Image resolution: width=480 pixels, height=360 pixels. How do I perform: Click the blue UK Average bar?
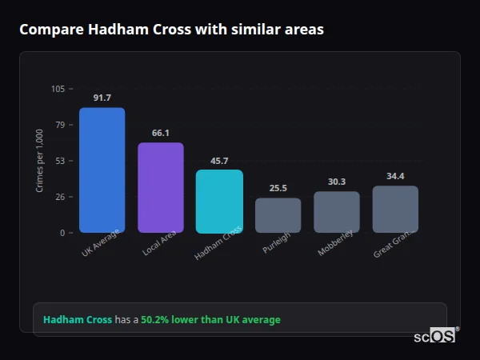click(102, 170)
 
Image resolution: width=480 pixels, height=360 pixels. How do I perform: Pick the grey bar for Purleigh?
click(278, 215)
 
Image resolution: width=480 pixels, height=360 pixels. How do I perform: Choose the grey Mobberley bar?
click(337, 212)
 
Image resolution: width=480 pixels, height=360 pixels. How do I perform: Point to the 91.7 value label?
click(102, 98)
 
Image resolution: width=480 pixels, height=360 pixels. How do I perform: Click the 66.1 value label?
click(161, 133)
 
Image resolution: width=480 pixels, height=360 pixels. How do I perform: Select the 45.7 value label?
click(219, 161)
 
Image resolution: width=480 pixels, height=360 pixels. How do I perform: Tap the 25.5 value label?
click(278, 189)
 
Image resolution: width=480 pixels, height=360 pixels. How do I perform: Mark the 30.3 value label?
click(337, 182)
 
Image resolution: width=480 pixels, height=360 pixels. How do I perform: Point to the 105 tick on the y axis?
click(58, 89)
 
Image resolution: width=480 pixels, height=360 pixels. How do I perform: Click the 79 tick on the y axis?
click(61, 125)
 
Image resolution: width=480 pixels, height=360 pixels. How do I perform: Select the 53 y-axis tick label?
click(61, 161)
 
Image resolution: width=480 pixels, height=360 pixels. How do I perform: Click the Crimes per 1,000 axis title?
click(40, 161)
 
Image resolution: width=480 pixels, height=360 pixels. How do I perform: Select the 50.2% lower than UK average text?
click(210, 320)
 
